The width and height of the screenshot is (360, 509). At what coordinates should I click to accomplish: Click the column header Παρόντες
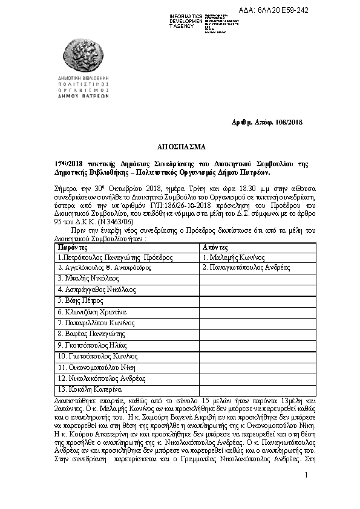73,248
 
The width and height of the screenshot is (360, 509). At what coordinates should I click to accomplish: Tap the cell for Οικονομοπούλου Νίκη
97,367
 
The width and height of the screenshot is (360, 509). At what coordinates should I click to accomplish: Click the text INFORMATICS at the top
186,16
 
